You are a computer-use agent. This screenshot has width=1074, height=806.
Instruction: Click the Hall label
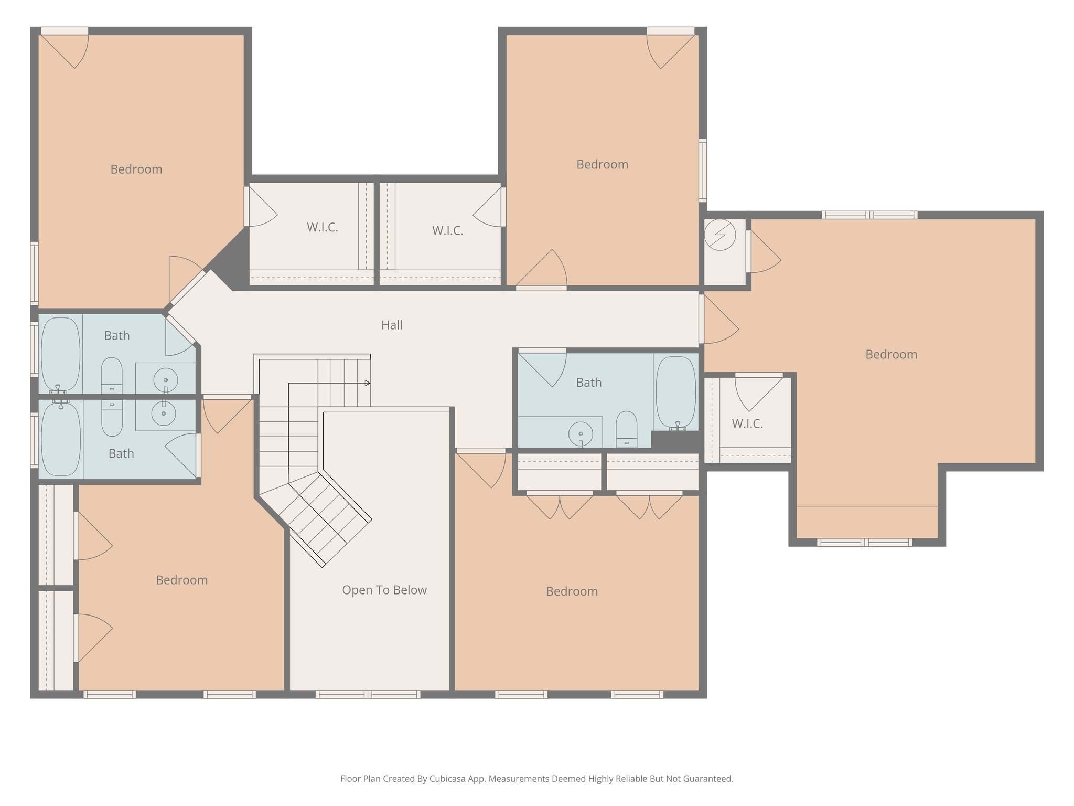[392, 325]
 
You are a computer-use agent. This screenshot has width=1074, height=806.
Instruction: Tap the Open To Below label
[384, 590]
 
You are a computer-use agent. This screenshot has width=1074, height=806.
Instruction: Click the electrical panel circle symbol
[720, 235]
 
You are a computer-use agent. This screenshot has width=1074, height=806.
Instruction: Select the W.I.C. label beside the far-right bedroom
[747, 424]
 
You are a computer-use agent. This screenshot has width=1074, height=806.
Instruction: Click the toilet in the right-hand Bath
[626, 429]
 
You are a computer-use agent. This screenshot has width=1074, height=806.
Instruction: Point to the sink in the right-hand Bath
[581, 434]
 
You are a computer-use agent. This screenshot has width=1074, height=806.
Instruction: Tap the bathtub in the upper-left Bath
[61, 354]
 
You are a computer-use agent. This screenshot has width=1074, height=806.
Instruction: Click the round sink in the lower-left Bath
[164, 413]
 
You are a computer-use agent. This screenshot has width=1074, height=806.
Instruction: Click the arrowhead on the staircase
[368, 383]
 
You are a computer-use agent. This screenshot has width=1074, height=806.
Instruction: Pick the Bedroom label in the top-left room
[136, 169]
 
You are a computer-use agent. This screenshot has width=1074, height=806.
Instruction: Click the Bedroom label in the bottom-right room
[572, 592]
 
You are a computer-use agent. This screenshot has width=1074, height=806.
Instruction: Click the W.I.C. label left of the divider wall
[322, 228]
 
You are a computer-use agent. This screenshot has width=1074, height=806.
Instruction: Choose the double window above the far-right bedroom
[869, 215]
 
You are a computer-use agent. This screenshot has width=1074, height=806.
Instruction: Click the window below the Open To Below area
[368, 694]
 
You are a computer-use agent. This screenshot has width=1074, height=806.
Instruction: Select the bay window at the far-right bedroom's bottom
[864, 543]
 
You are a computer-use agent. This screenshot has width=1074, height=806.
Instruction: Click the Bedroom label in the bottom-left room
[182, 580]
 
